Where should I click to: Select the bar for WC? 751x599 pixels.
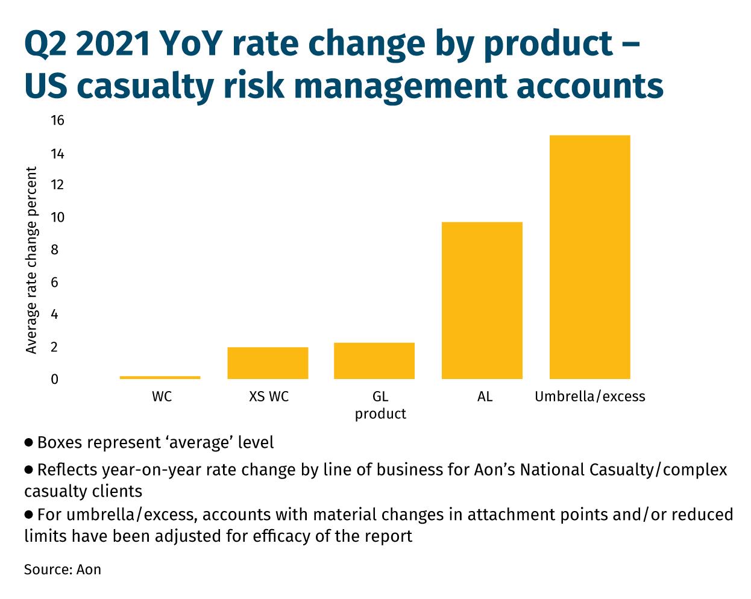pos(160,377)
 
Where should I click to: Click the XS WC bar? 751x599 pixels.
pos(268,363)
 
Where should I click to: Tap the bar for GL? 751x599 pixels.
pos(374,361)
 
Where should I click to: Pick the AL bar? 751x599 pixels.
pos(482,300)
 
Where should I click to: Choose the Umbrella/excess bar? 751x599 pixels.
pos(590,257)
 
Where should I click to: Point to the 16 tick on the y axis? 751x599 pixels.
pos(58,121)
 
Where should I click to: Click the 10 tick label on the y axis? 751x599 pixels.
pos(58,218)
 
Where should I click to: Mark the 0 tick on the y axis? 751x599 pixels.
pos(54,379)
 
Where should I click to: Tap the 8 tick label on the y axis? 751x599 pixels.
pos(54,250)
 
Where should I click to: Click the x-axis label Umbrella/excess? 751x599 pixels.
pos(590,397)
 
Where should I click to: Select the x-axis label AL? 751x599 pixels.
pos(485,397)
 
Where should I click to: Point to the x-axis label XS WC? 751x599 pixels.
pos(269,397)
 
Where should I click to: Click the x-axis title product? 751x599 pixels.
pos(380,415)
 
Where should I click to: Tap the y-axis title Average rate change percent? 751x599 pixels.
pos(31,260)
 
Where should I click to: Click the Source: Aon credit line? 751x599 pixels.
pos(63,569)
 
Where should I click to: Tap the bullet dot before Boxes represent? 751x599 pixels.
pos(28,443)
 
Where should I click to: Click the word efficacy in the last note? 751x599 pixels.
pos(281,536)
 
